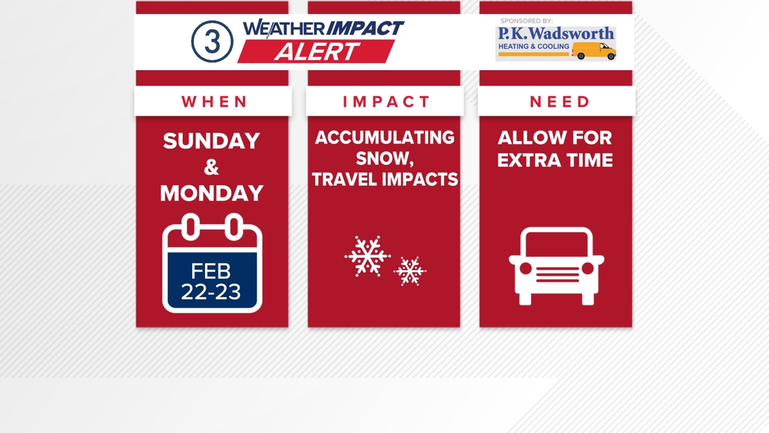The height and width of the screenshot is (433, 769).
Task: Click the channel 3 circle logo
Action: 212,42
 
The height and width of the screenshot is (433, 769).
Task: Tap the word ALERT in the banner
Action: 316,52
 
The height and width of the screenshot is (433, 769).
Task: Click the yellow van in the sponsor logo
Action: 594,51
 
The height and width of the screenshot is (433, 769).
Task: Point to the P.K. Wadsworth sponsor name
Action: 556,33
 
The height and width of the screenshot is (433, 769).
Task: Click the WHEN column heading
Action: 215,102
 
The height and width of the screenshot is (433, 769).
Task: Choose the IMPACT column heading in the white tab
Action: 387,102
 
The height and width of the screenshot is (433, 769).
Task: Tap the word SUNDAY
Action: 211,141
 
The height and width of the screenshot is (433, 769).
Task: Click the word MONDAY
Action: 211,193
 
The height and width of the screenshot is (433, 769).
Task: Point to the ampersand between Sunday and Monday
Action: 211,168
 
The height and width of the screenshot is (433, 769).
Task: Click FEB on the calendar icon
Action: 211,271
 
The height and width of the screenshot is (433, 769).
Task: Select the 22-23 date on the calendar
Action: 211,292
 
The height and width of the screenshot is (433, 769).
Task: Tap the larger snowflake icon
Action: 368,256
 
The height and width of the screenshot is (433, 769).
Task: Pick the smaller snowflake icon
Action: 409,271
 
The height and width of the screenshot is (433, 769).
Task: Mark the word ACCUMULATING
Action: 384,138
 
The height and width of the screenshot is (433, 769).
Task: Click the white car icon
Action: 557,266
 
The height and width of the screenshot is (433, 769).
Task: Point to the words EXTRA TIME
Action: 555,161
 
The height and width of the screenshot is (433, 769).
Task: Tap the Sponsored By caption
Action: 526,21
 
